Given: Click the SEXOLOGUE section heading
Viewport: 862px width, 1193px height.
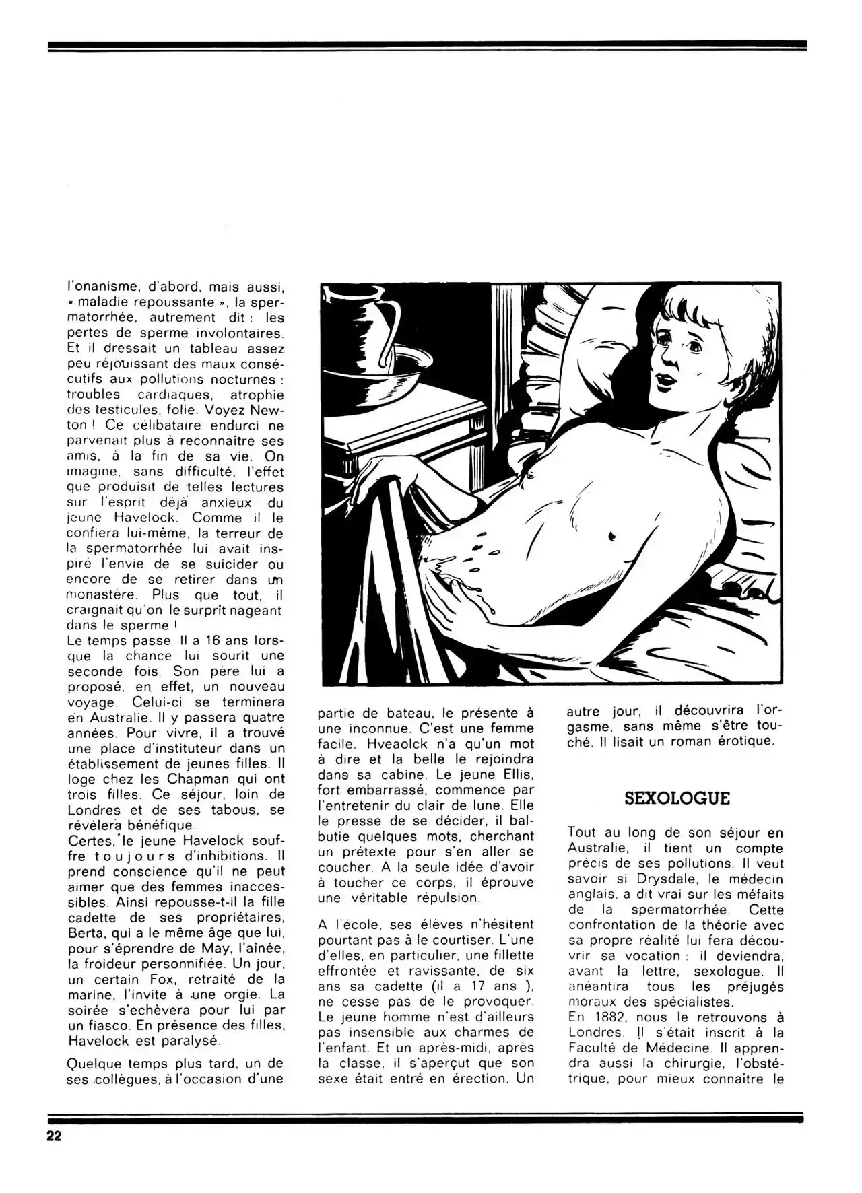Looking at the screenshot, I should [677, 799].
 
